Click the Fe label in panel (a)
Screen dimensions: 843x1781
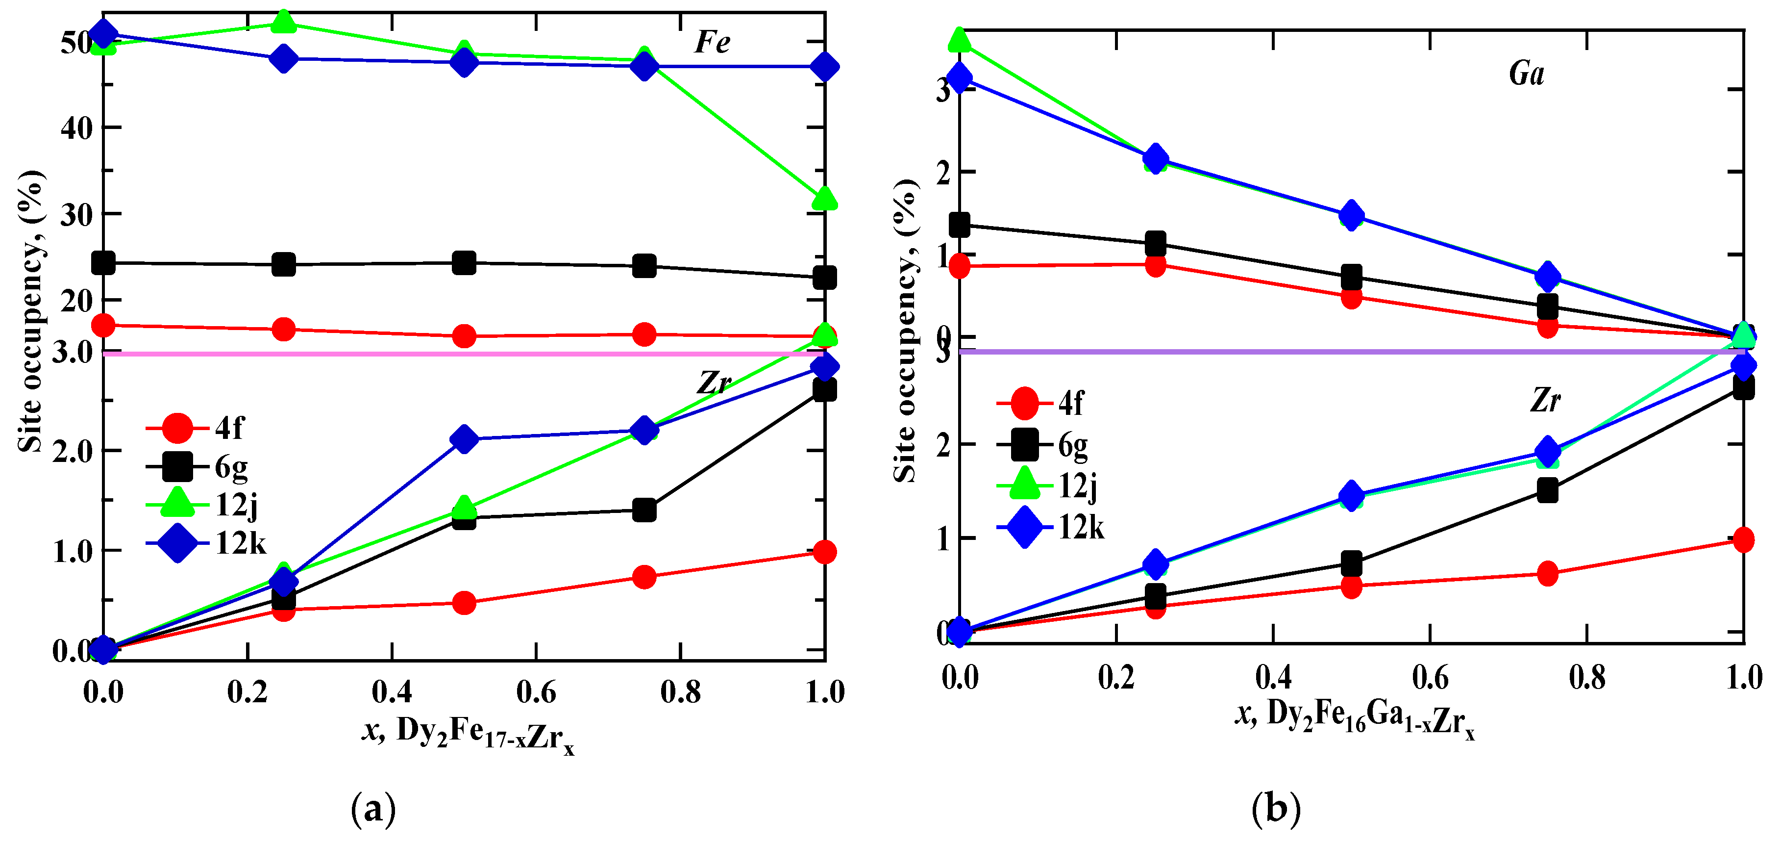712,42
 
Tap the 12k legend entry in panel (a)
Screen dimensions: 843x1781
207,543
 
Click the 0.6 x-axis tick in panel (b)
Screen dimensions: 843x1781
1430,678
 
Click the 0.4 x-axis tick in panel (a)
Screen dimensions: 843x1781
392,691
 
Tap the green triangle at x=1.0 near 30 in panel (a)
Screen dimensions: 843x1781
825,199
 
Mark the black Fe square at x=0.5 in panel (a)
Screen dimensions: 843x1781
464,263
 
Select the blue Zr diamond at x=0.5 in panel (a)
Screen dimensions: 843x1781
464,439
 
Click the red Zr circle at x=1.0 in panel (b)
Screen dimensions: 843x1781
1743,539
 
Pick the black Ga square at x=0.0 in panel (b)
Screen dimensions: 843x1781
959,225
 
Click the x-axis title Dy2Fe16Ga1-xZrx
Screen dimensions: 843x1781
1355,716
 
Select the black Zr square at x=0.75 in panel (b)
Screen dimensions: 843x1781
1547,491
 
